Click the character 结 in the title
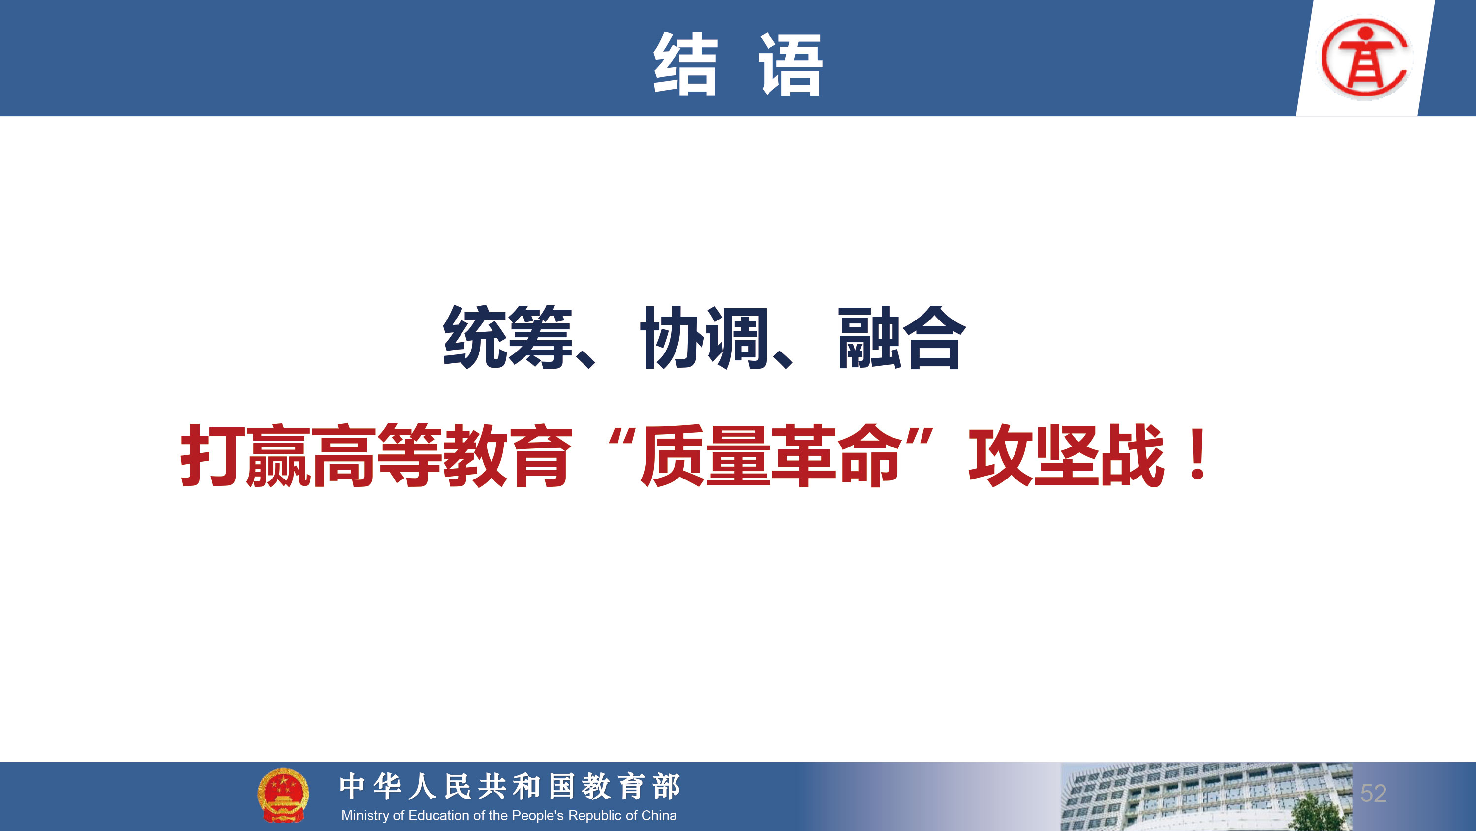(685, 63)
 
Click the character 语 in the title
(791, 63)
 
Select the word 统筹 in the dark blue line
(508, 337)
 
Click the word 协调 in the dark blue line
(705, 337)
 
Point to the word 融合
(902, 337)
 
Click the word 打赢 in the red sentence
(245, 455)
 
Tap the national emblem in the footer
(283, 795)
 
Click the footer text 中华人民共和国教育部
(510, 786)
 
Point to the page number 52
(1374, 794)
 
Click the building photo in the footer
(1206, 797)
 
